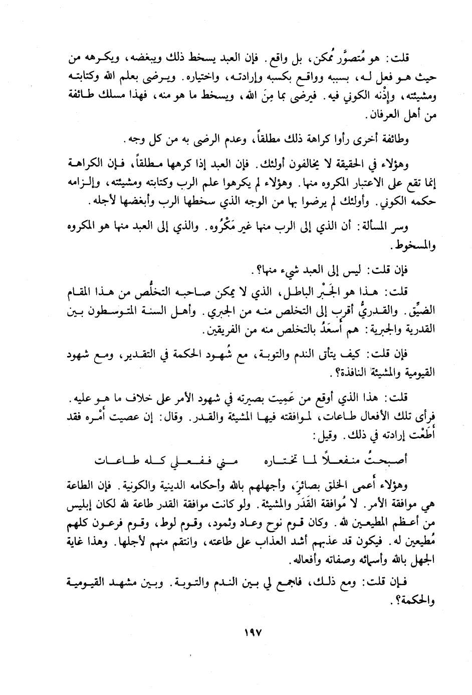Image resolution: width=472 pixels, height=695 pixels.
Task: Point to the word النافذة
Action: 353,374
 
